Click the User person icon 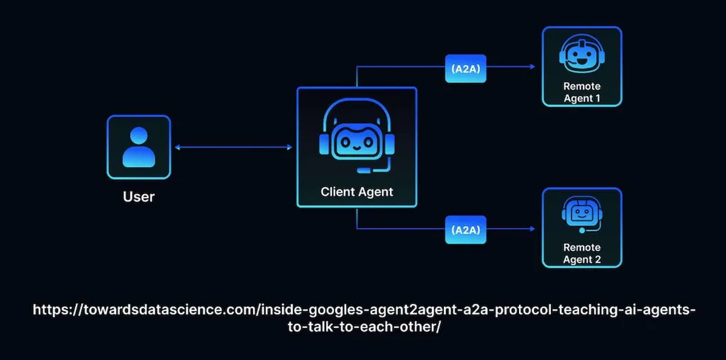pos(138,147)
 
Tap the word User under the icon pos(138,196)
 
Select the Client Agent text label pos(357,191)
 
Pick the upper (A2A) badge pos(465,68)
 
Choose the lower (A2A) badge pos(465,230)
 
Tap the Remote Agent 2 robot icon pos(581,215)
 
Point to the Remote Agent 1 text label pos(581,92)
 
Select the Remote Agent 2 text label pos(581,254)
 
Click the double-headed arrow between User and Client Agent pos(233,147)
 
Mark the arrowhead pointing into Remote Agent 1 pos(531,67)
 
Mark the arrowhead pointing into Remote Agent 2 pos(531,230)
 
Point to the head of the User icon pos(138,136)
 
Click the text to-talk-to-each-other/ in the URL pos(362,329)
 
